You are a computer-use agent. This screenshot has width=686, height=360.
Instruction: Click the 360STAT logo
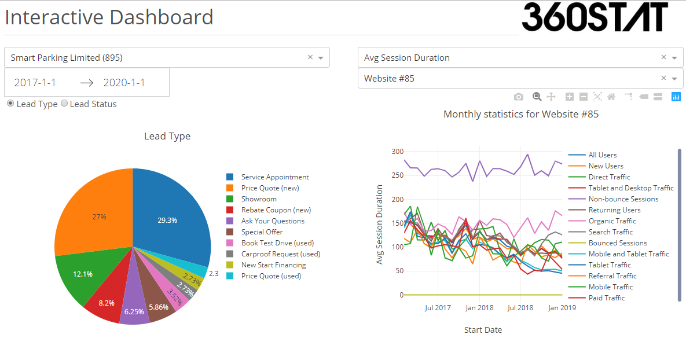595,17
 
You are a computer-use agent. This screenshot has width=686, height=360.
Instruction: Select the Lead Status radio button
64,104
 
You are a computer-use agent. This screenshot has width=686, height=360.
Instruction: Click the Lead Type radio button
11,104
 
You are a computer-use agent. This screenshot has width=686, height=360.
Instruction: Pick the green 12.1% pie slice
83,274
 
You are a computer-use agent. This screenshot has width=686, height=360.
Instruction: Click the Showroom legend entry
259,199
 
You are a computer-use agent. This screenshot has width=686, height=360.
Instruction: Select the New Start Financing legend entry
273,265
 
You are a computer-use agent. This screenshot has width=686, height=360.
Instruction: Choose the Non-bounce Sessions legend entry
623,199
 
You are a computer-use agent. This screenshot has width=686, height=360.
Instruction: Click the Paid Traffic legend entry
606,298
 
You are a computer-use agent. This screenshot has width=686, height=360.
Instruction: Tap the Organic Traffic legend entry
612,221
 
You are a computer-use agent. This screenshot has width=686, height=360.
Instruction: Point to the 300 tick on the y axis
397,152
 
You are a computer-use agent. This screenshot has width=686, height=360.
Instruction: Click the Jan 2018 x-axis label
479,308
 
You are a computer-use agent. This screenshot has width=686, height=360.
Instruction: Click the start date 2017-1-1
35,83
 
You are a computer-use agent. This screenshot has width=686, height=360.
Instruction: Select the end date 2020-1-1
124,83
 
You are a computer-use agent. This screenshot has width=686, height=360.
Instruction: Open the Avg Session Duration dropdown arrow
674,58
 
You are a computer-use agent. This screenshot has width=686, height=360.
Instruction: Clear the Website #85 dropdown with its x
663,78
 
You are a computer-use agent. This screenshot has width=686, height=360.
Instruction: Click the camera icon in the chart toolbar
519,97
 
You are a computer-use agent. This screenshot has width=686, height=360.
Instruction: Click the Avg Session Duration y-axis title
380,225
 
